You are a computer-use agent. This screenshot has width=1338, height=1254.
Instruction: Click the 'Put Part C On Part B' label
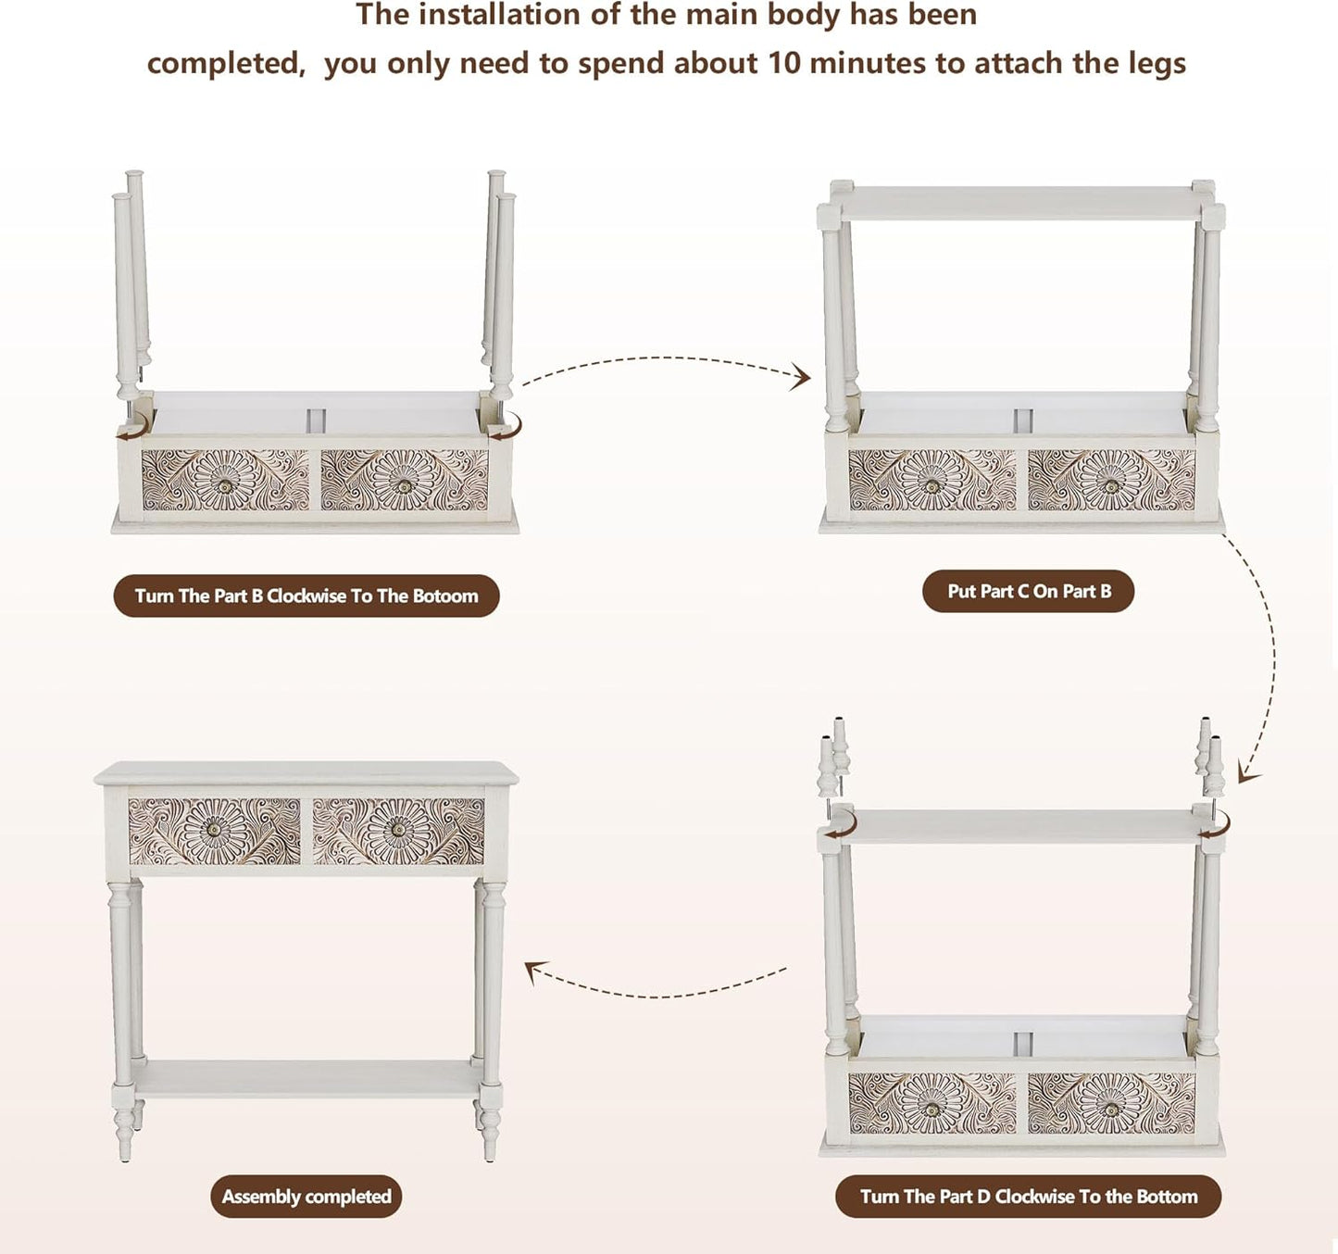point(1028,591)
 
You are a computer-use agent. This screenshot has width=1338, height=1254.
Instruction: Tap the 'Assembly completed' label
point(306,1196)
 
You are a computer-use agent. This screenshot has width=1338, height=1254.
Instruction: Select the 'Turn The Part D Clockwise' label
point(1028,1196)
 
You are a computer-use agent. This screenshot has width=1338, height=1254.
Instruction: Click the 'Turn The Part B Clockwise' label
point(306,596)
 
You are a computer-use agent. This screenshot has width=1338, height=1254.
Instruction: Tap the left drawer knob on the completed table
point(215,830)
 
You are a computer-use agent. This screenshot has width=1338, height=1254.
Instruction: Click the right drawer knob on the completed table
point(398,830)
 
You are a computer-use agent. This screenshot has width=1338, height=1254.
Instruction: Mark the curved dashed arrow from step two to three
point(1264,648)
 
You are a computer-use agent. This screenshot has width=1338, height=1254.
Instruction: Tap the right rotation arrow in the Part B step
point(506,427)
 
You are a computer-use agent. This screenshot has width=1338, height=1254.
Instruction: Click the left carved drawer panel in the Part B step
point(225,480)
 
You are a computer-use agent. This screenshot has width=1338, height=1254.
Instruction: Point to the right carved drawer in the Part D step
point(1111,1102)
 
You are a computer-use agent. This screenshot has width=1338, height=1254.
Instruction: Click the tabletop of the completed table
point(306,773)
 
